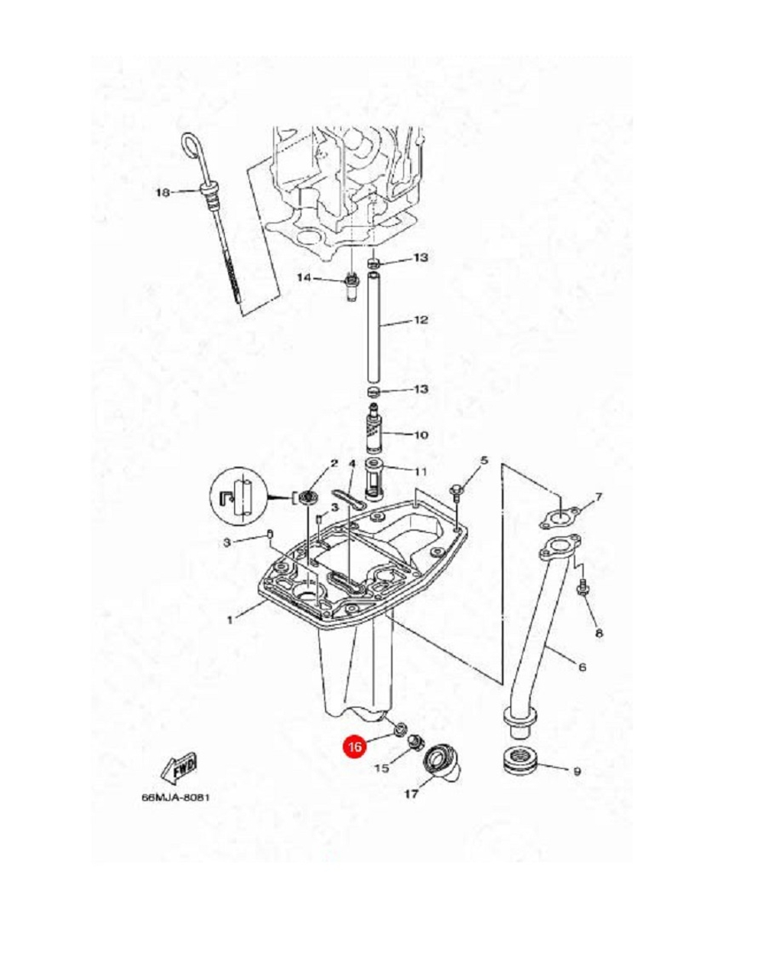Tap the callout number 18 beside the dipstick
pos(162,193)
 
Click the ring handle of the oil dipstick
pos(190,148)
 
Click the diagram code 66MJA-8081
pos(174,797)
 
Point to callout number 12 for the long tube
pos(421,320)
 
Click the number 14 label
pos(304,278)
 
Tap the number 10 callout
pos(421,435)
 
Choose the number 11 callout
pos(421,469)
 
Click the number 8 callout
pos(598,633)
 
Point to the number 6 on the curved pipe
pos(582,667)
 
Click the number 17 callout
pos(411,795)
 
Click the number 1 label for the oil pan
pos(229,619)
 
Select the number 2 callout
pos(334,463)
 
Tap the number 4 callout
pos(352,464)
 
